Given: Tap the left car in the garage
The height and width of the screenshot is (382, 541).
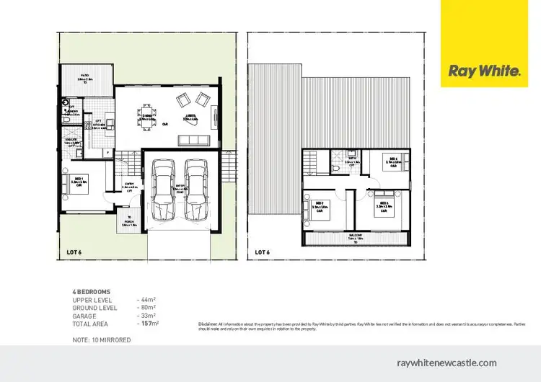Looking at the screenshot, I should pos(163,189).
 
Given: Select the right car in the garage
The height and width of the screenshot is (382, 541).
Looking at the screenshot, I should pos(195,189).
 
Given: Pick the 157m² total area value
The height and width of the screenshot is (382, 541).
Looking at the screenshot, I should pos(149,324).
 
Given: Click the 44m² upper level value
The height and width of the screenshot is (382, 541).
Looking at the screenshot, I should pos(148,298).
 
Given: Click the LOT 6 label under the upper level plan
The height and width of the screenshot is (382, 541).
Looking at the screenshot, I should pos(263,252).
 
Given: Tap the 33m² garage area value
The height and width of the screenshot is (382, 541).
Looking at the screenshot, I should pos(148,316).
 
